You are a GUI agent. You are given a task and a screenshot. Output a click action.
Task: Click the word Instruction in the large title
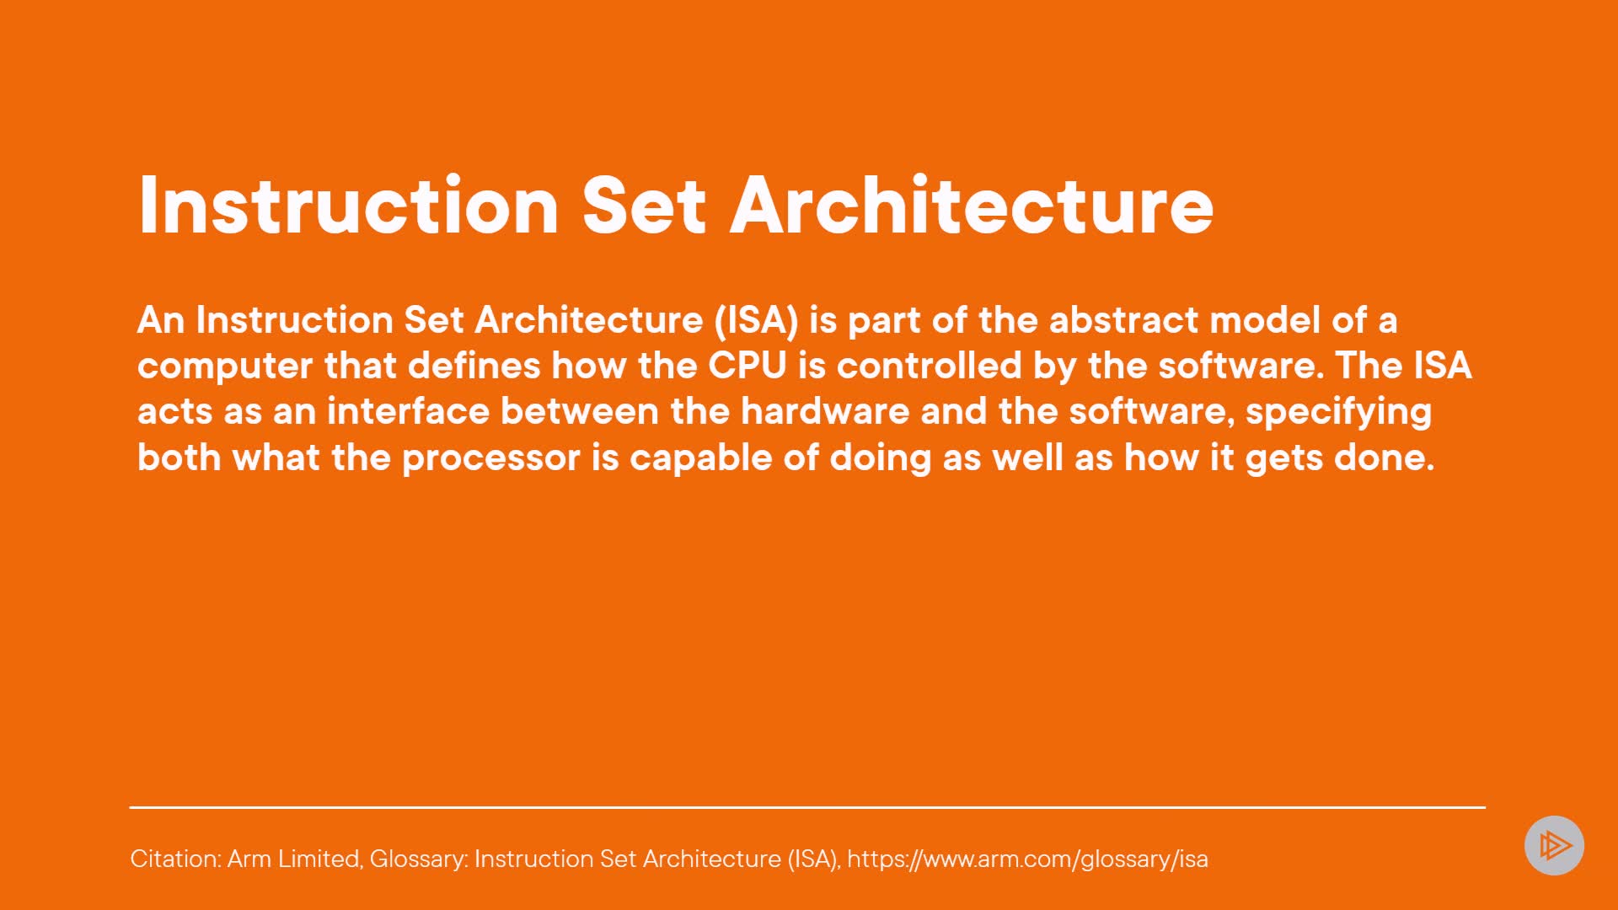(349, 205)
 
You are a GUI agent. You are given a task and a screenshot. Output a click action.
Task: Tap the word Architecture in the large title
(972, 205)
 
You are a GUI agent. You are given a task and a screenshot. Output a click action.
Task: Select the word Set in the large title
(644, 205)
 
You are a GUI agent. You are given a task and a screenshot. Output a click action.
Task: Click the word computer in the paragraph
(225, 367)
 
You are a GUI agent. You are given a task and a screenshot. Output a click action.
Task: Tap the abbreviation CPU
(747, 366)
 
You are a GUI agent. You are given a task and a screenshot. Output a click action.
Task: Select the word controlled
(930, 366)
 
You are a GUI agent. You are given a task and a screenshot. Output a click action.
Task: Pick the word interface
(408, 411)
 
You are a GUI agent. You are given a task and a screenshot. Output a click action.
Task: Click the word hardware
(825, 411)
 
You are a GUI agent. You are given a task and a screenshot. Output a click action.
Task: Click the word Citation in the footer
(175, 859)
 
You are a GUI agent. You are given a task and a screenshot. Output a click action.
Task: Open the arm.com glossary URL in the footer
(1027, 859)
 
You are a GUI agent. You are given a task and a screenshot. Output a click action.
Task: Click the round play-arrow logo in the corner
(1554, 845)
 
